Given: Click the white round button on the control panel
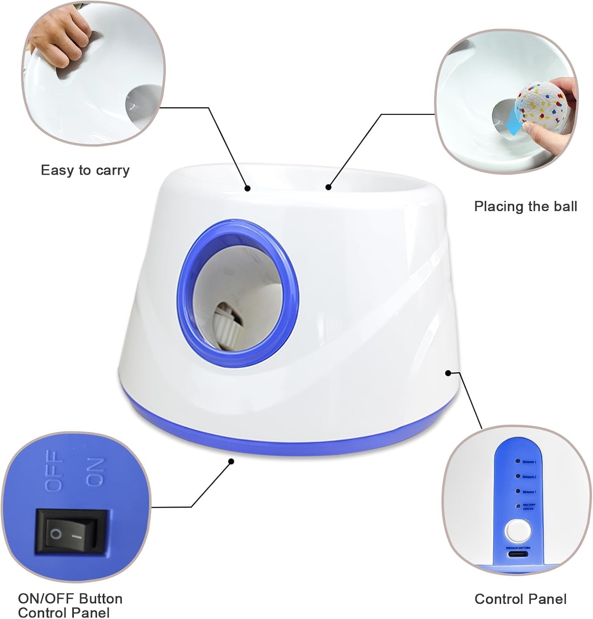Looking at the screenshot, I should [518, 531].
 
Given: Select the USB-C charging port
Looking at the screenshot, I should [519, 554].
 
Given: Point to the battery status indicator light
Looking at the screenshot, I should [517, 506].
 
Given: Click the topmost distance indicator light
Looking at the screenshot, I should [516, 461].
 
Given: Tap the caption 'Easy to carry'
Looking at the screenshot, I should [85, 170].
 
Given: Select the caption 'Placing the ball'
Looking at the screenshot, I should [525, 206].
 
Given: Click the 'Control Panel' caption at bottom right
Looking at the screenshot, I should [520, 599].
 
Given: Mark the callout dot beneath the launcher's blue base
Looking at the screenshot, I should [231, 461].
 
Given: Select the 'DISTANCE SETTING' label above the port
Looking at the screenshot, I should [519, 548].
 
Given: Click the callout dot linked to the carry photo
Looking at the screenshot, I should [247, 188].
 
